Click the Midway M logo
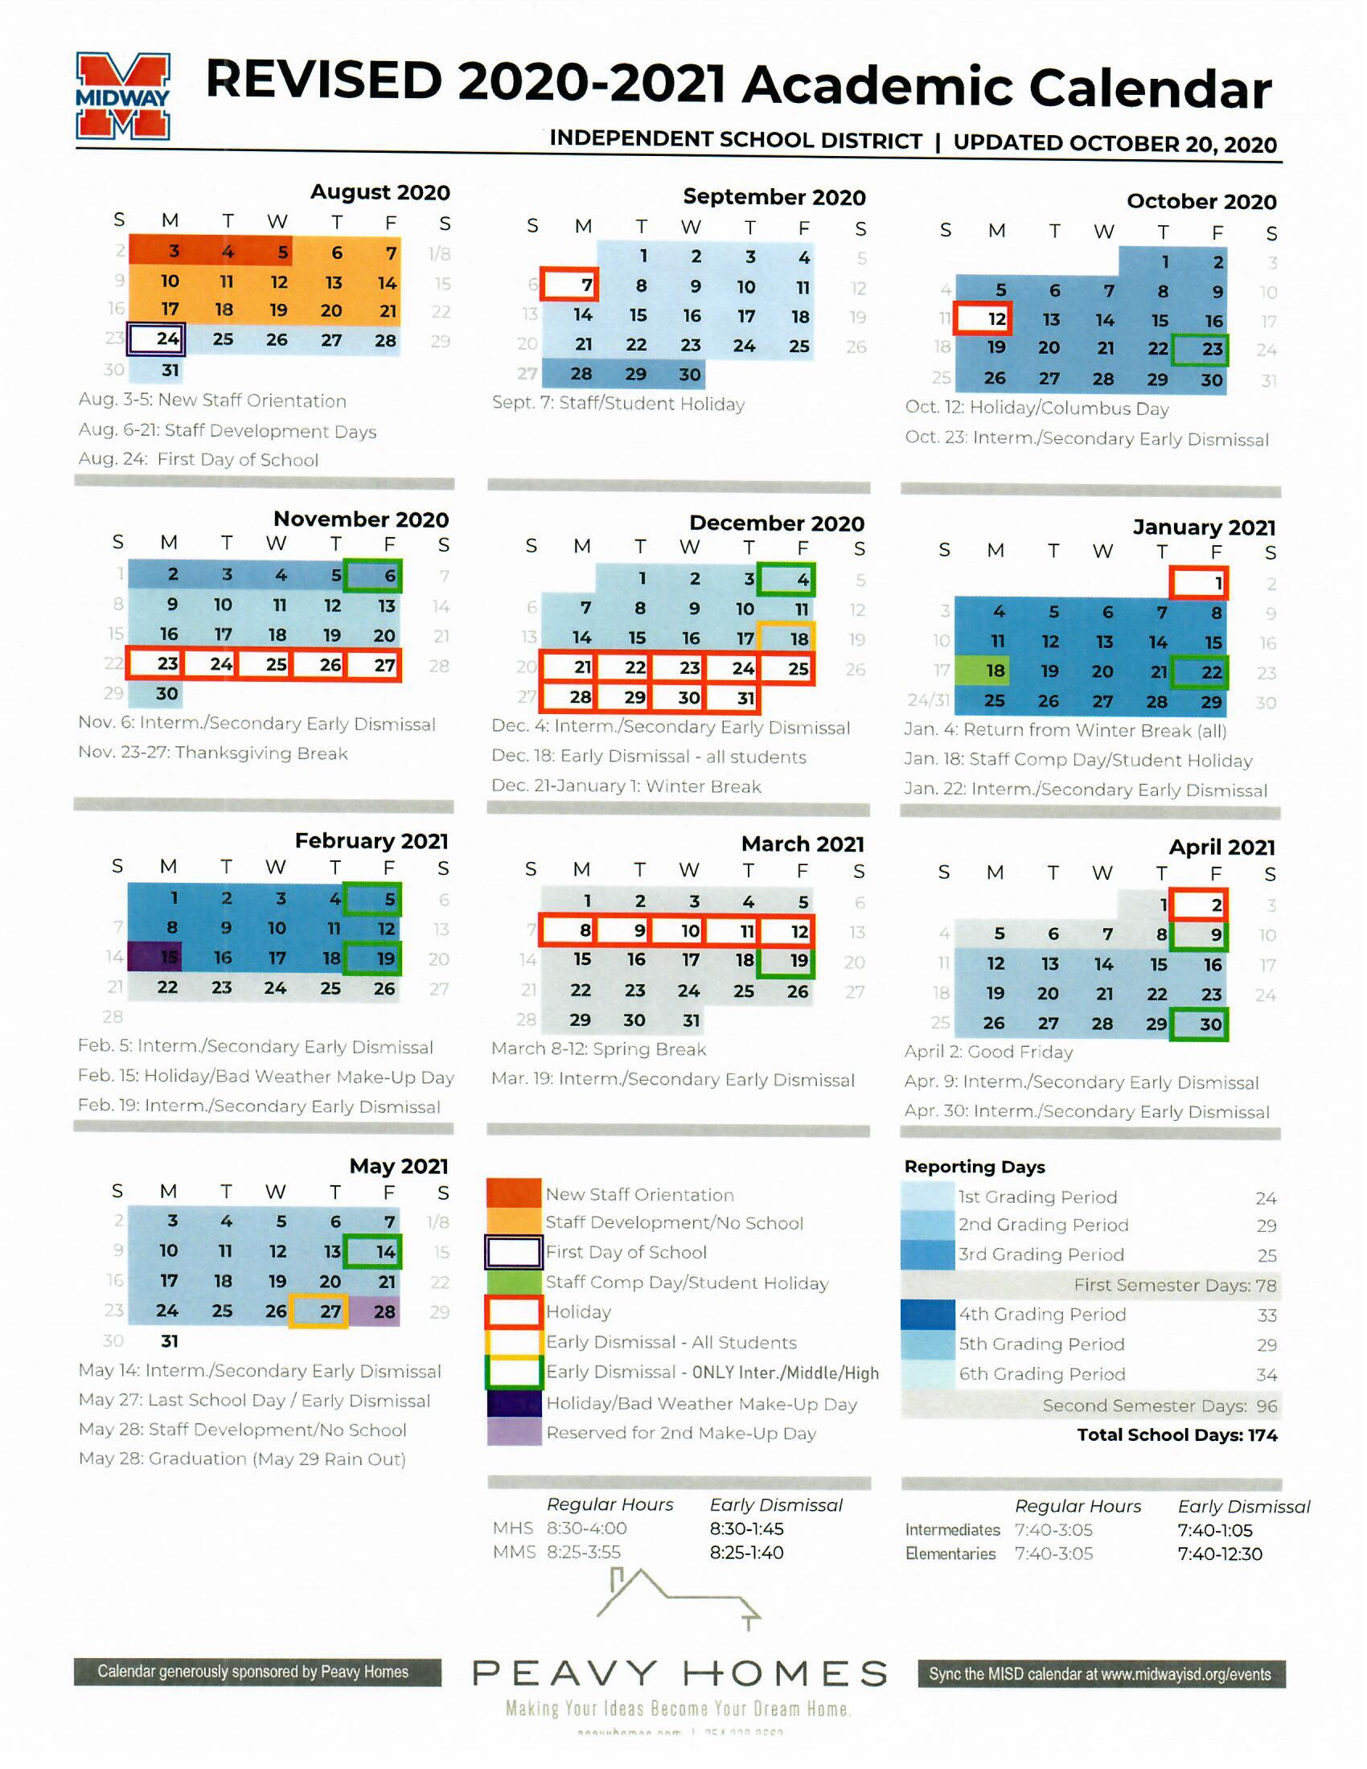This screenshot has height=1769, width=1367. [122, 96]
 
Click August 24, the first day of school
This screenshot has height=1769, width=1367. [157, 339]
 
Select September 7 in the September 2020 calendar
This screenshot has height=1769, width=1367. [571, 285]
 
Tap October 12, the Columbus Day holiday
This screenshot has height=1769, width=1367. [983, 318]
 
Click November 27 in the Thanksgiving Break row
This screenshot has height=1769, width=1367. [374, 665]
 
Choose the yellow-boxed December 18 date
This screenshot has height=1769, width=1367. [787, 638]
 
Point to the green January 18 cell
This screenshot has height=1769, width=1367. [983, 671]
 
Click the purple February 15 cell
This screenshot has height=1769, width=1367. [155, 958]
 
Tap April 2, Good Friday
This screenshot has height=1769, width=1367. [1201, 905]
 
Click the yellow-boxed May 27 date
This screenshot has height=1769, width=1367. [320, 1311]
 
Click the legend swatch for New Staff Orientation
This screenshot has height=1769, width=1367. [514, 1193]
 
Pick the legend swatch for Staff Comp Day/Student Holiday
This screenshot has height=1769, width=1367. [514, 1282]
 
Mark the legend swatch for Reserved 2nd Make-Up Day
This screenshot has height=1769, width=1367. [514, 1432]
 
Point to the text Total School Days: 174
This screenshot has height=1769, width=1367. [1176, 1434]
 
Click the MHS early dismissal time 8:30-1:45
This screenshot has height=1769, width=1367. [746, 1529]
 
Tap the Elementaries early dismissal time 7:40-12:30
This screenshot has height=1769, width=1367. [1220, 1554]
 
